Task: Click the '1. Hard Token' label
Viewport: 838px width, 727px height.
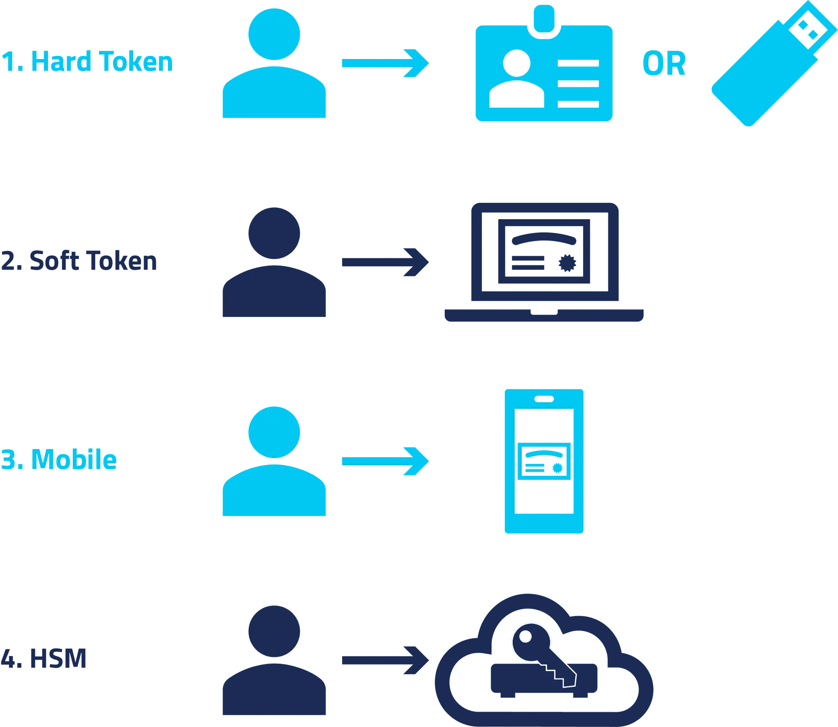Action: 87,61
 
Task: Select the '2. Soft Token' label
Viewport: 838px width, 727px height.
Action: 79,261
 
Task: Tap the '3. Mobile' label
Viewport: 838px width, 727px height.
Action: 59,459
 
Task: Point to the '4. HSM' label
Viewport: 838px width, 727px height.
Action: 44,659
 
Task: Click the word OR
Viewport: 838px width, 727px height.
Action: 664,63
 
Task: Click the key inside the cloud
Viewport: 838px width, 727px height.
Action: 540,650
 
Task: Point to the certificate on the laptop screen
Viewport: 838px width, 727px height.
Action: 544,251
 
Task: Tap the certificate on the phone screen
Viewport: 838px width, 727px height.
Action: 544,461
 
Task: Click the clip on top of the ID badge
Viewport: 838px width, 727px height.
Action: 544,19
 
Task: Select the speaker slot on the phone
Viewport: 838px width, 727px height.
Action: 544,399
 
